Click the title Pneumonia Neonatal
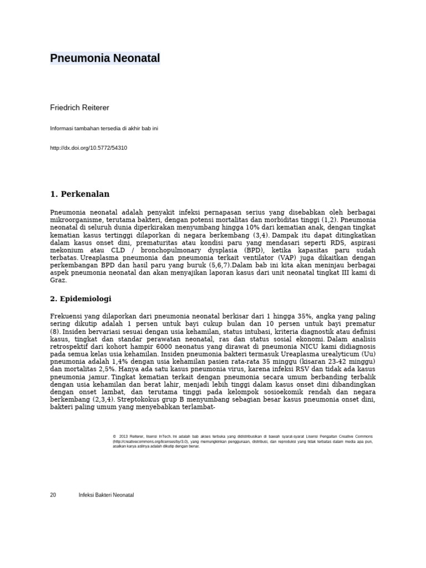pyautogui.click(x=105, y=58)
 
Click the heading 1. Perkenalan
pyautogui.click(x=80, y=194)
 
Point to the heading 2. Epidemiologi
pyautogui.click(x=80, y=298)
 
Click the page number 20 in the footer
pyautogui.click(x=53, y=495)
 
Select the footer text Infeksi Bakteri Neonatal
pyautogui.click(x=106, y=495)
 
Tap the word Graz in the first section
pyautogui.click(x=58, y=281)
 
